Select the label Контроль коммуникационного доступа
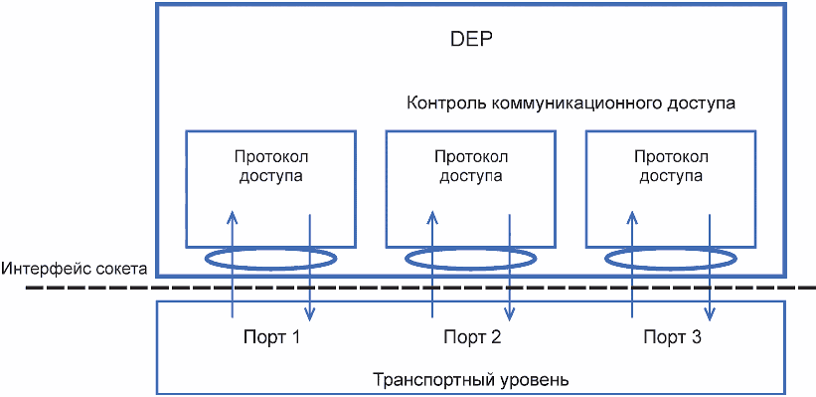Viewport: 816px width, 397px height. tap(571, 103)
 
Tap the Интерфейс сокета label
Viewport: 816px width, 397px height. tap(75, 269)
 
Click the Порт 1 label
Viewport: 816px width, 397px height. tap(271, 337)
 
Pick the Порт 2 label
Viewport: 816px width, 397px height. tap(472, 337)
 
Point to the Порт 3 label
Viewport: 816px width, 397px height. tap(672, 337)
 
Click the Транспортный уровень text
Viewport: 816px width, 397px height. tap(471, 379)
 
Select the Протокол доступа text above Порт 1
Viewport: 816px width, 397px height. tap(271, 166)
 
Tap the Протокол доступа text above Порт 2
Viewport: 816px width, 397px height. tap(471, 166)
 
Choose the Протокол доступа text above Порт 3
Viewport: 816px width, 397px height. tap(671, 166)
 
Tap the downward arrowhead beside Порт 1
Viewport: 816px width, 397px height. tap(310, 312)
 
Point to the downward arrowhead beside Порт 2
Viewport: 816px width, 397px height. tap(509, 312)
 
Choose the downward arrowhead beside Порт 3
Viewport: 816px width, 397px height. tap(709, 312)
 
